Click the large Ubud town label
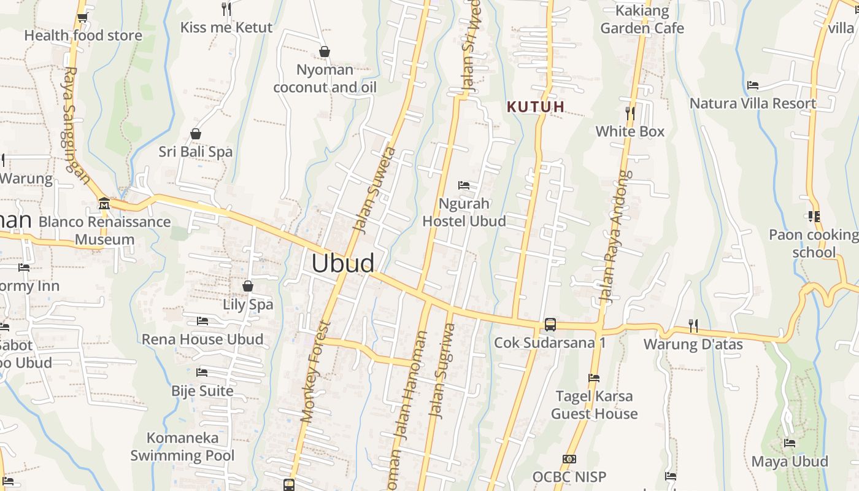342,263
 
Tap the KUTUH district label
536,107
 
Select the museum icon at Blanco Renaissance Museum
104,204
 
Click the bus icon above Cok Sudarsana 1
550,325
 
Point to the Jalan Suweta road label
375,190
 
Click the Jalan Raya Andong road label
615,237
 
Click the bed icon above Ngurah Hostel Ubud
464,185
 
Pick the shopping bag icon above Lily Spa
248,286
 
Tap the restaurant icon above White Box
630,114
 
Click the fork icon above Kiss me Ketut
226,9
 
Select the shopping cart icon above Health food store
83,17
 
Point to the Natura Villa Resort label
753,103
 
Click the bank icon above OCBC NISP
569,459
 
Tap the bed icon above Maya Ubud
790,443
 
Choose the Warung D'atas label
693,344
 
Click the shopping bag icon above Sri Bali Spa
196,134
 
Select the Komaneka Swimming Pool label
182,447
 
